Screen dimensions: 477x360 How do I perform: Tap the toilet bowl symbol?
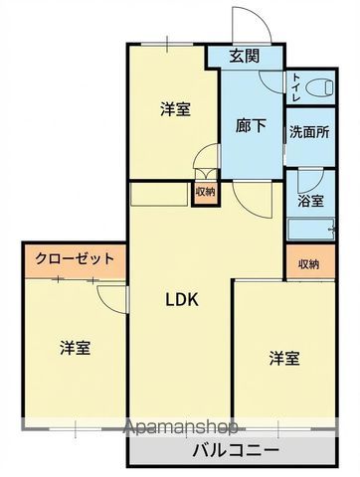click(319, 87)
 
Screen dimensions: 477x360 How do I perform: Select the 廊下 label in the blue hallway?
click(250, 125)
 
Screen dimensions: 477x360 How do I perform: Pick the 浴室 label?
click(310, 201)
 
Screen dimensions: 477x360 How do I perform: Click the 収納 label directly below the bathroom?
click(308, 263)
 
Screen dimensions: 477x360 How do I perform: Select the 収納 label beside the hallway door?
click(204, 192)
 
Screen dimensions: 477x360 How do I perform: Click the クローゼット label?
click(76, 259)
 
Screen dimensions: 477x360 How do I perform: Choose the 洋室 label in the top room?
click(175, 109)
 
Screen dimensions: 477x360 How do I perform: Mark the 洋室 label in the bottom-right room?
click(283, 358)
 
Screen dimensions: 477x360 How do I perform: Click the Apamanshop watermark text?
click(179, 429)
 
